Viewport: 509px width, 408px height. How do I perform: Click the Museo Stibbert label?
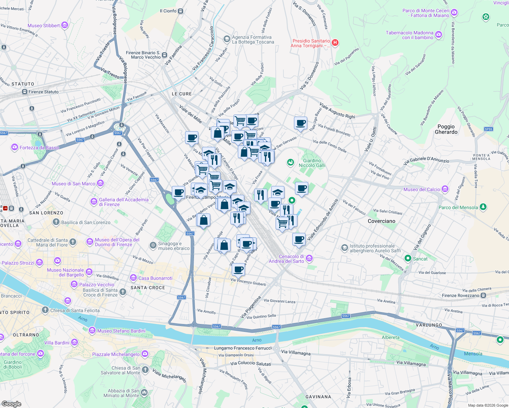point(44,26)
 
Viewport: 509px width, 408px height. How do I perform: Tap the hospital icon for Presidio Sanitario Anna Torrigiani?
point(335,42)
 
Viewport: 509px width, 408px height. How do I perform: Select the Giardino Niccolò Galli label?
point(312,163)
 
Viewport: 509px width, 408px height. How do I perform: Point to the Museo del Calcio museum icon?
point(445,189)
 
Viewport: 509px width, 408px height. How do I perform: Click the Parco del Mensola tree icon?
point(482,207)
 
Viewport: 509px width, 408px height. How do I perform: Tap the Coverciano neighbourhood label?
point(381,221)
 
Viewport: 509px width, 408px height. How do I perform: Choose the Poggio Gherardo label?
point(446,129)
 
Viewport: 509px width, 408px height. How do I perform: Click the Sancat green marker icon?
point(408,259)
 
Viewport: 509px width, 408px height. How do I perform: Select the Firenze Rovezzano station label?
point(461,295)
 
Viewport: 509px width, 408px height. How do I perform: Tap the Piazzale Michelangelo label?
point(116,354)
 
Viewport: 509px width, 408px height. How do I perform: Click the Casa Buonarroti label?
point(155,278)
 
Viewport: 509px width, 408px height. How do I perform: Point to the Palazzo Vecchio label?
point(97,285)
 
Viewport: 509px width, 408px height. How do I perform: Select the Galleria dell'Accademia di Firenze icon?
point(94,202)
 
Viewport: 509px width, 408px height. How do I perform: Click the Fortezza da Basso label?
point(39,148)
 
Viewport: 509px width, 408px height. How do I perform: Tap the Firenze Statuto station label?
point(44,92)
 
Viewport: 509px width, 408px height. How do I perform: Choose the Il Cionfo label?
point(168,11)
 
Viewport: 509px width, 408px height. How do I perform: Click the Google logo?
point(11,404)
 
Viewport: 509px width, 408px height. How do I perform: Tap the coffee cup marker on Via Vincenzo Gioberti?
point(239,269)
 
